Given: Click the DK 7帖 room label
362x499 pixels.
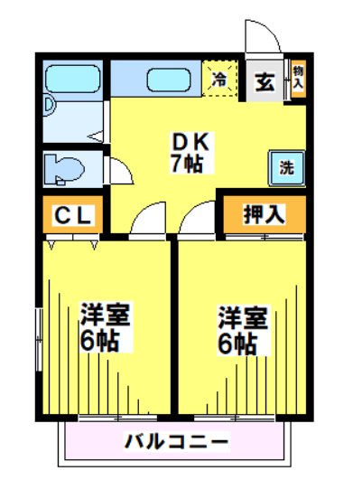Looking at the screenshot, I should (190, 152).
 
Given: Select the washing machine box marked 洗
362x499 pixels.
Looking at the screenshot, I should (285, 167).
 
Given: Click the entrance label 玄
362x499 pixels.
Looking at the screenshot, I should (265, 80).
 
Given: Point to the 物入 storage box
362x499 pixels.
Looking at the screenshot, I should (297, 77).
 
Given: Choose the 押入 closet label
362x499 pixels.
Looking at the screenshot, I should (264, 214).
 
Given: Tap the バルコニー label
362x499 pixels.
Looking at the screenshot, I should (176, 443).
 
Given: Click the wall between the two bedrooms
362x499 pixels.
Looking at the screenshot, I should (174, 325).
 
